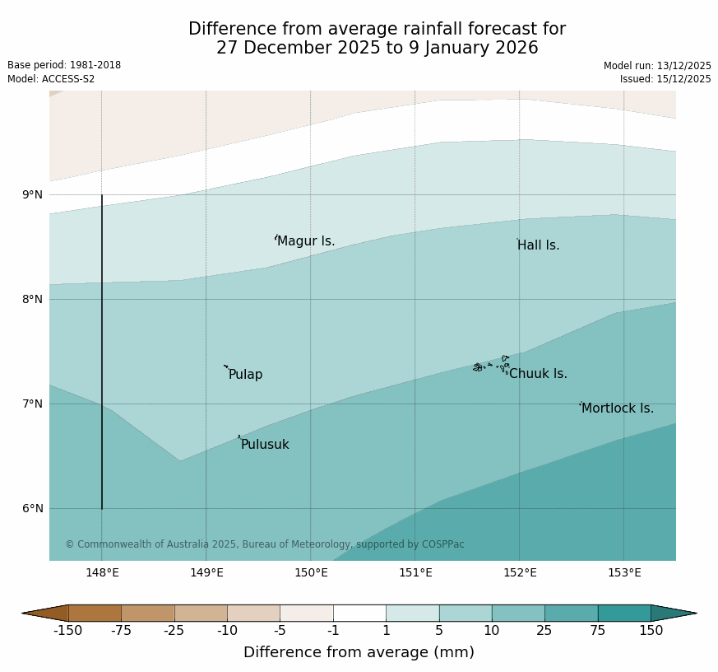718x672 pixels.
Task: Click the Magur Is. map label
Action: (x=306, y=241)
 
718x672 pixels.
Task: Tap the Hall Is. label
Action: (x=538, y=245)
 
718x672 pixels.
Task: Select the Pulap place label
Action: (x=245, y=375)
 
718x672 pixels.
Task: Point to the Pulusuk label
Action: (x=265, y=445)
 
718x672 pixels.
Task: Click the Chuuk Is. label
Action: (x=538, y=374)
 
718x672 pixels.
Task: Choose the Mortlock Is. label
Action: (x=617, y=408)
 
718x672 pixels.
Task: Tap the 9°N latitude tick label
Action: (x=33, y=195)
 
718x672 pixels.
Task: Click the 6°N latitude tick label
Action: (x=33, y=509)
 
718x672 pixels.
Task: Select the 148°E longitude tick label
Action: (x=103, y=573)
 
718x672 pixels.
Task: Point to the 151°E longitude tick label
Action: (x=415, y=573)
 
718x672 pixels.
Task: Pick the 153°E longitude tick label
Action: (x=624, y=573)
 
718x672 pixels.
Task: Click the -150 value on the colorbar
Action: (x=68, y=631)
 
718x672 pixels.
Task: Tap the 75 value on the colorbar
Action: (x=598, y=631)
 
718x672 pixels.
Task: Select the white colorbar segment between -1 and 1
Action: (x=359, y=613)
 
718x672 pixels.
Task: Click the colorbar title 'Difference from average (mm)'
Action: (x=359, y=652)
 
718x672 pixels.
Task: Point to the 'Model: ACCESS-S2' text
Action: (x=51, y=79)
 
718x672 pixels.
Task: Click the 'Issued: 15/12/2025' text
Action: (x=665, y=79)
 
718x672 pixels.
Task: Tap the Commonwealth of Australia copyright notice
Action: (x=265, y=544)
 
